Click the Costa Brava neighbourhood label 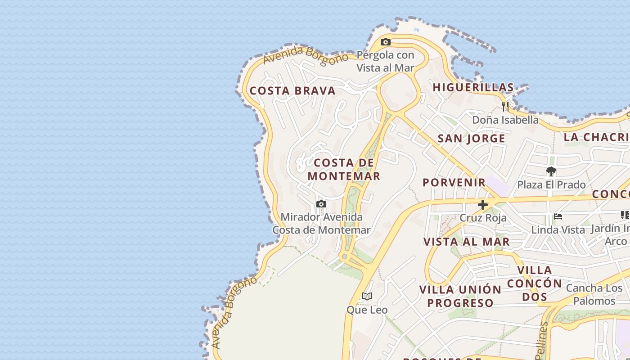(x=292, y=91)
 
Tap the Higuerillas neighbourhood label (x=473, y=87)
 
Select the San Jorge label (x=471, y=139)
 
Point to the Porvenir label (x=454, y=182)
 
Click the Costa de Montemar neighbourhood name (x=344, y=169)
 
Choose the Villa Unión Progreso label (x=460, y=296)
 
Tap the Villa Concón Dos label (x=535, y=283)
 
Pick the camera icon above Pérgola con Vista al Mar (x=385, y=42)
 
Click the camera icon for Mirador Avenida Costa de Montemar (x=321, y=204)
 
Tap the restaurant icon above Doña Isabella (x=505, y=107)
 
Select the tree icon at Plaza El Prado (x=551, y=171)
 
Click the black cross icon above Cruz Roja (x=483, y=205)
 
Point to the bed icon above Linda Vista (x=558, y=216)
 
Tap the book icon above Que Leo (x=367, y=296)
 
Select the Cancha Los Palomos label (x=594, y=294)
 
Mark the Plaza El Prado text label (x=551, y=184)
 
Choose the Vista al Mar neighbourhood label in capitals (x=466, y=242)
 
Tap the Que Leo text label (x=367, y=310)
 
